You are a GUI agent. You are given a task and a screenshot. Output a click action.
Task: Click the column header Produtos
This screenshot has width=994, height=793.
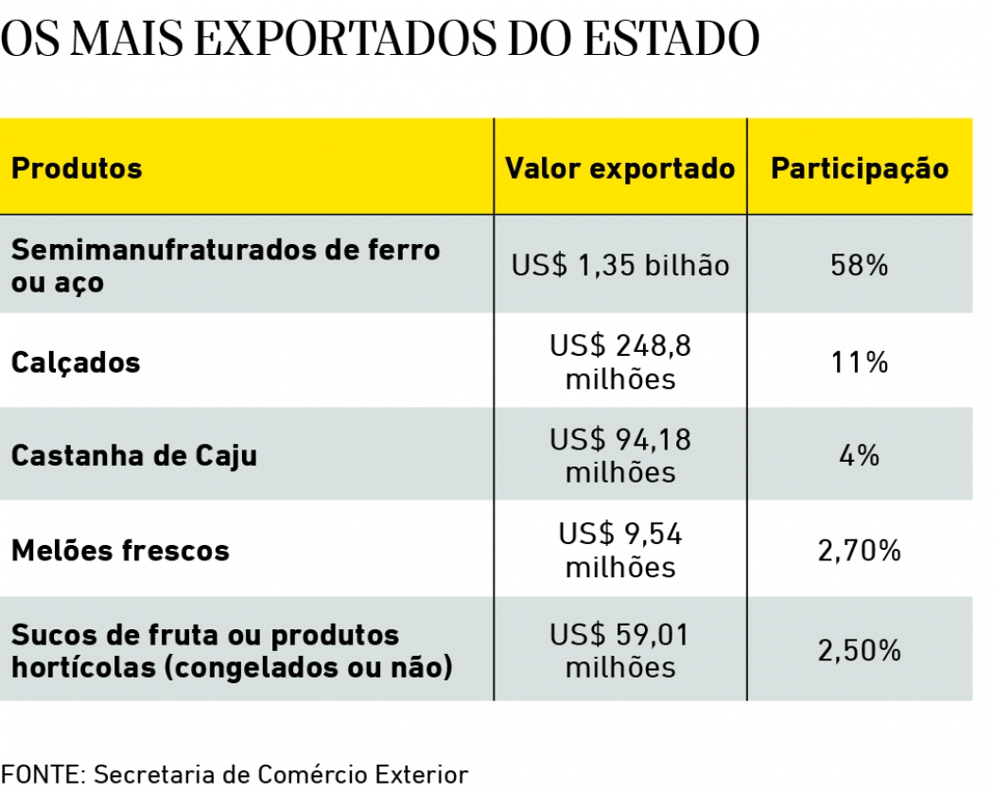pos(77,168)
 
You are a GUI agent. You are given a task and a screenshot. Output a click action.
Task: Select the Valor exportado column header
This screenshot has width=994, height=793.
pos(619,168)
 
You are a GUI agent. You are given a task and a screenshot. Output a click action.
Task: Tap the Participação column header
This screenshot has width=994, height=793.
pos(860,168)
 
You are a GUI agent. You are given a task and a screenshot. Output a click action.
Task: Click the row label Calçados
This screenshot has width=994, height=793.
pos(76,362)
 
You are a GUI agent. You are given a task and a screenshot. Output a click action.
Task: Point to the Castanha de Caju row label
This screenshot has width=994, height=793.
pos(134,455)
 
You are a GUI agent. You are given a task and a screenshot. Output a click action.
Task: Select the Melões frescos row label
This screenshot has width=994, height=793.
pos(120,550)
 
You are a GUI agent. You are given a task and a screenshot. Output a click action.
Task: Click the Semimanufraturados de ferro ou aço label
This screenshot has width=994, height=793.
pos(225,266)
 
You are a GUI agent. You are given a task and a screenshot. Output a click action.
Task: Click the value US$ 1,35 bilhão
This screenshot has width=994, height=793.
pos(620,265)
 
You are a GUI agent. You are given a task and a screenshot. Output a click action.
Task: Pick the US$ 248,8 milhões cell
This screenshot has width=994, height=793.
pos(620,362)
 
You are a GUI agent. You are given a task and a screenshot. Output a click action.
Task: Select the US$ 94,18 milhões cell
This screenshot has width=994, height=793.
pos(620,455)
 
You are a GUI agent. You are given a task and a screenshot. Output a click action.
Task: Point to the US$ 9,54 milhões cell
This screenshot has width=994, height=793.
pos(620,550)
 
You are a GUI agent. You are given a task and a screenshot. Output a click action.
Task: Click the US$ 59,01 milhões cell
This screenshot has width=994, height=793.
pos(620,651)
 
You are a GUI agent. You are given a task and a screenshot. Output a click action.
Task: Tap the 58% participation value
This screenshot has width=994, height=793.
pos(860,265)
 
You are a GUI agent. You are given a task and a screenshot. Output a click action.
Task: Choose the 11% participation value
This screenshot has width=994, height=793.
pos(860,362)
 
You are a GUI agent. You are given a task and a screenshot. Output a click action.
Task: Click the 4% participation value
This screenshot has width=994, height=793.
pos(860,455)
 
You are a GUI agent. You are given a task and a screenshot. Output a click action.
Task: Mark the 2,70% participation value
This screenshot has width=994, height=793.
pos(860,550)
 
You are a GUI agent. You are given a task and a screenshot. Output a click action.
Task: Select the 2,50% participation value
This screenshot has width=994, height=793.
pos(860,651)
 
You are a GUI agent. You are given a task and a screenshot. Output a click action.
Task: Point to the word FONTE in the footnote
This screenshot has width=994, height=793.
pos(43,774)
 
